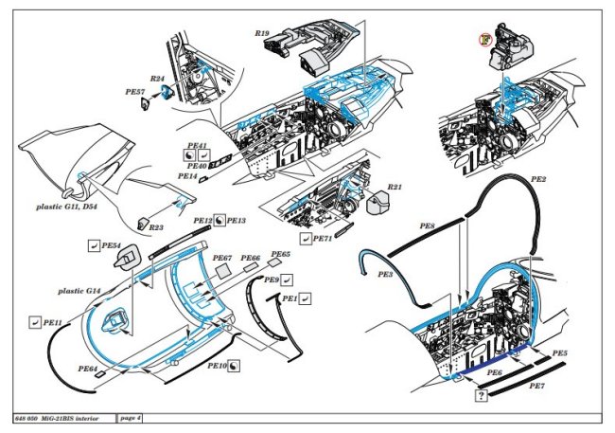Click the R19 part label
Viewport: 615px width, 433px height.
[262, 33]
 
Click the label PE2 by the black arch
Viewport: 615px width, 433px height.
[538, 177]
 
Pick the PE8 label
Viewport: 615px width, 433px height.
[427, 227]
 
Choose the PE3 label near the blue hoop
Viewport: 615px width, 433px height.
[385, 275]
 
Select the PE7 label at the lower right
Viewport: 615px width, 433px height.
[536, 388]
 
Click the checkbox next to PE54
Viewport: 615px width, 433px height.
[92, 246]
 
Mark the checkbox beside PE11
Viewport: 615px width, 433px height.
[36, 322]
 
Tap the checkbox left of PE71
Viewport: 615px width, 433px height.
[305, 240]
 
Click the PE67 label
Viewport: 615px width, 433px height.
[222, 258]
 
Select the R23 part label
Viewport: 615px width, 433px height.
[156, 227]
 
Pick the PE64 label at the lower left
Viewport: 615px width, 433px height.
[88, 368]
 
